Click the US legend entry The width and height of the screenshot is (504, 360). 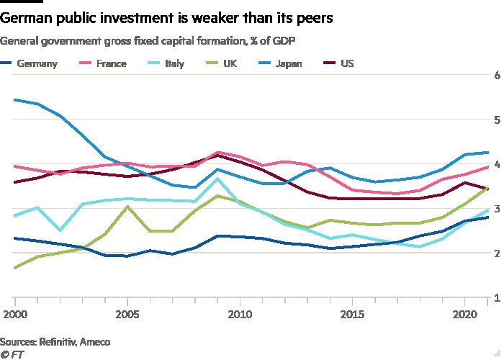346,63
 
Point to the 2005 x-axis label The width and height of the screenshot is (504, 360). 127,314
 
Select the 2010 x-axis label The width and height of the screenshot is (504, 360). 240,314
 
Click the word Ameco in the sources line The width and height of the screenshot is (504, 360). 99,340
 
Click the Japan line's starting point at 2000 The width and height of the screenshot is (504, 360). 15,99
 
